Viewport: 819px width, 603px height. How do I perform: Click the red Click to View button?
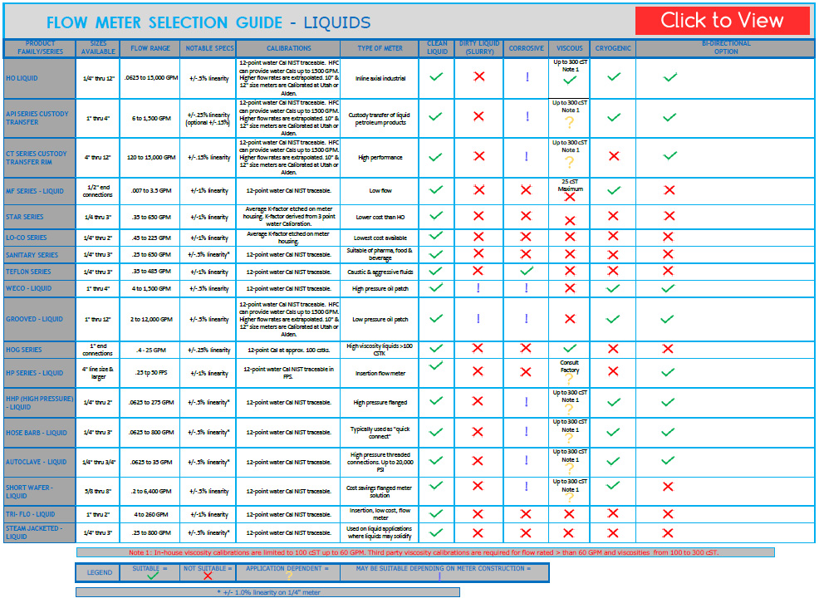click(722, 21)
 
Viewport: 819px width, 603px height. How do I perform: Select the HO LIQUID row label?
click(22, 78)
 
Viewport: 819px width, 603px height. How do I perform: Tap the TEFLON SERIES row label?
click(29, 272)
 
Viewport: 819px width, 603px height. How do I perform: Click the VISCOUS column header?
click(570, 48)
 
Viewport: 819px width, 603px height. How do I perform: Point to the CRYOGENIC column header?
click(613, 48)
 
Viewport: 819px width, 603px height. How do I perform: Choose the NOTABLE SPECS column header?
click(209, 48)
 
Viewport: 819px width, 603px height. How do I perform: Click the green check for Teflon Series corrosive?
click(526, 271)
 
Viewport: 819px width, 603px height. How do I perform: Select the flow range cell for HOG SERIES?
click(150, 350)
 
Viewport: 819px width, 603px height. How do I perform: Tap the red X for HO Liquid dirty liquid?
click(478, 77)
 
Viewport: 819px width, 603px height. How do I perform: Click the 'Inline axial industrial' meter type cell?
click(380, 78)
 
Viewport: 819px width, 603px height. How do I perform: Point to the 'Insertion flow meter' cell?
click(380, 373)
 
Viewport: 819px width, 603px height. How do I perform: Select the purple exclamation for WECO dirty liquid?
click(478, 288)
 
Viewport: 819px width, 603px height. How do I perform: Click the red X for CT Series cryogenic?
click(614, 156)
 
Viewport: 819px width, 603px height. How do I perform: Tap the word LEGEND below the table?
click(100, 573)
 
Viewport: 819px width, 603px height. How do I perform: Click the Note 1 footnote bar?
click(424, 552)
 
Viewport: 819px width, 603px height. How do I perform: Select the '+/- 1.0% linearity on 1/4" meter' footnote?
click(267, 592)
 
